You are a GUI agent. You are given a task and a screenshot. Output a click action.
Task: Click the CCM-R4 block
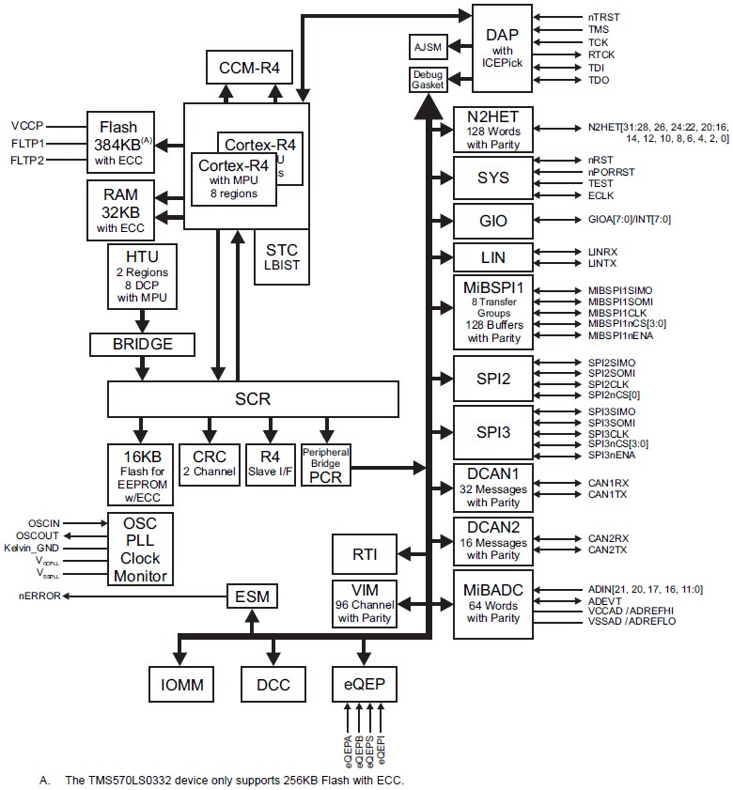(x=249, y=67)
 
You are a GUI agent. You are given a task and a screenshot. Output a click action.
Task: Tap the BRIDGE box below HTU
(x=143, y=344)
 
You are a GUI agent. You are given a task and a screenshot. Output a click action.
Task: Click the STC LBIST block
(x=281, y=256)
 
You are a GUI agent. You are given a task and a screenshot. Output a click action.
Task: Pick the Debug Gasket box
(x=427, y=80)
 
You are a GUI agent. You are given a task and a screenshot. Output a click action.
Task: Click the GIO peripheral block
(x=492, y=221)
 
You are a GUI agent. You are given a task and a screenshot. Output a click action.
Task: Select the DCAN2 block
(x=492, y=538)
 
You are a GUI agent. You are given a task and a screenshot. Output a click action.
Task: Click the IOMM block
(x=182, y=684)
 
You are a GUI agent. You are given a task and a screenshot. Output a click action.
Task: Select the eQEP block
(x=363, y=684)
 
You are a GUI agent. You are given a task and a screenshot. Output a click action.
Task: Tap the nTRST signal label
(x=603, y=17)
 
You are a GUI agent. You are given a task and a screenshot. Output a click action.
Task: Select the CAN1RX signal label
(x=608, y=484)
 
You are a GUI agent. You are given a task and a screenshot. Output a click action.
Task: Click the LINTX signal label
(x=603, y=264)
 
